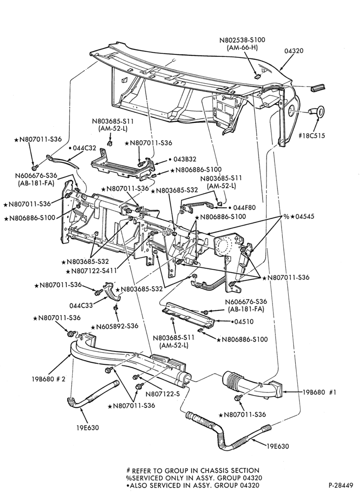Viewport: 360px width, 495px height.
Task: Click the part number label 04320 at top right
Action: (x=294, y=51)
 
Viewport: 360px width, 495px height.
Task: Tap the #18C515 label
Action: (x=312, y=136)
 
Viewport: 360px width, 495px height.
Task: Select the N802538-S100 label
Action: (x=242, y=40)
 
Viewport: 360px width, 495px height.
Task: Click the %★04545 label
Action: (x=303, y=217)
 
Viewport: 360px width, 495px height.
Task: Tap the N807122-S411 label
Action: (x=91, y=271)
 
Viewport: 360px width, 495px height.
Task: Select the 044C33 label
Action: (x=81, y=305)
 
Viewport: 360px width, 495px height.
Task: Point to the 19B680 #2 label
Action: (x=48, y=379)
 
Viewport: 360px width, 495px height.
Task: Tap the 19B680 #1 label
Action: (x=319, y=392)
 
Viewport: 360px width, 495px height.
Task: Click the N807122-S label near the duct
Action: (x=162, y=394)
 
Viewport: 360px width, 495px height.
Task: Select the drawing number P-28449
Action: (x=341, y=485)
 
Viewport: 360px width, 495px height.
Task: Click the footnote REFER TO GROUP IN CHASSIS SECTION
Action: (x=192, y=470)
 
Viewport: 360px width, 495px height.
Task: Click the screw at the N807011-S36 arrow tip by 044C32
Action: (x=35, y=166)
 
